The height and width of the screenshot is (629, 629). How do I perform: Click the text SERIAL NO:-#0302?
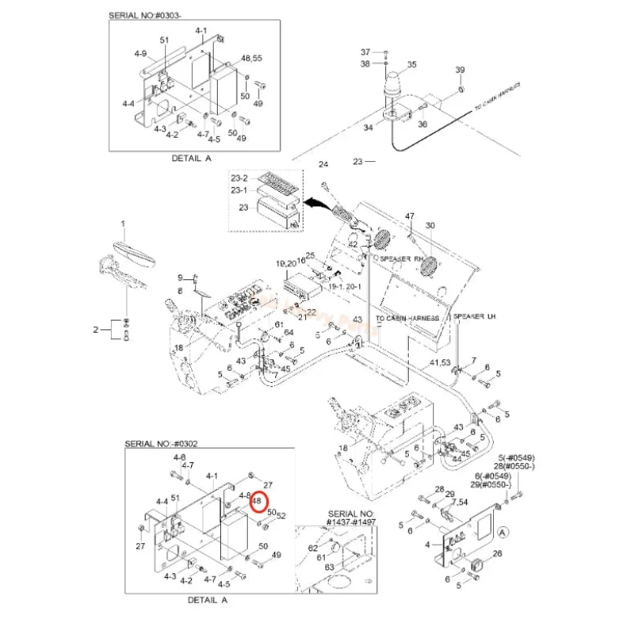pos(161,444)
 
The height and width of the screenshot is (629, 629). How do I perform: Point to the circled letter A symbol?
pos(502,532)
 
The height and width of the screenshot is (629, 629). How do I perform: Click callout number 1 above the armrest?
pos(123,225)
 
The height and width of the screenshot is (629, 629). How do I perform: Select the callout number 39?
pos(460,71)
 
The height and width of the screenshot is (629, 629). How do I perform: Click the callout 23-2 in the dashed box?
pos(239,178)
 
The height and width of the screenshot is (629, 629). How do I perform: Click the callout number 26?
pos(496,554)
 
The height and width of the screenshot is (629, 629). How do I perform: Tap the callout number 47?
pos(410,216)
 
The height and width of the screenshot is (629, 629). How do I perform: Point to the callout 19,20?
pos(285,262)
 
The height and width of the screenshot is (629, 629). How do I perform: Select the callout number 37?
pos(365,51)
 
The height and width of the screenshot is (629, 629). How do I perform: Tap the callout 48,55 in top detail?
pos(252,59)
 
